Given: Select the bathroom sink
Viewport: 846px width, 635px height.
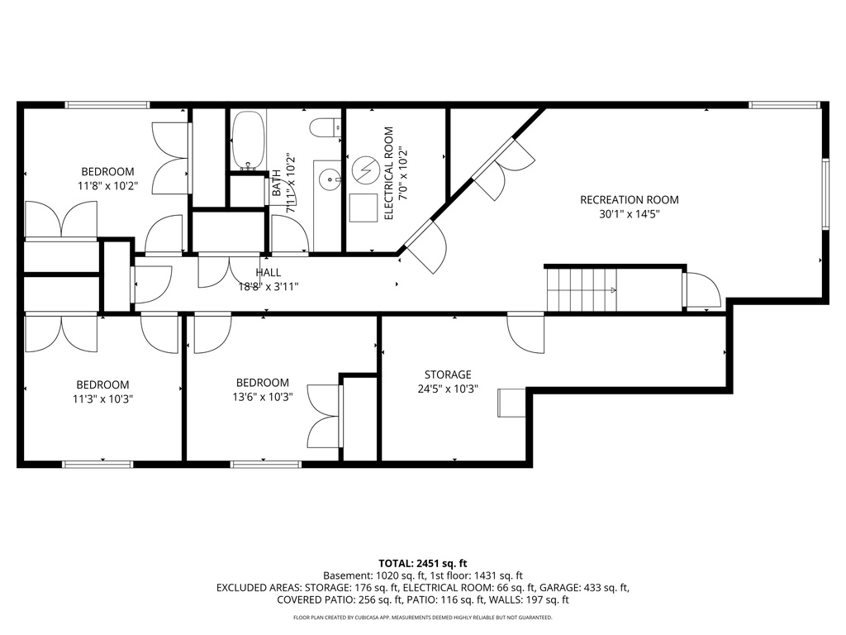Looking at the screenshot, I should pos(330,176).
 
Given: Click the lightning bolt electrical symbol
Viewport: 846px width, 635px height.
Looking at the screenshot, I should pos(364,171).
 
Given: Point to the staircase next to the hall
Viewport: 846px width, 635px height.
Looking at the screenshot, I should pos(582,290).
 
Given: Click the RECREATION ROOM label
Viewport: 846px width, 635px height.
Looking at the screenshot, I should pos(629,199).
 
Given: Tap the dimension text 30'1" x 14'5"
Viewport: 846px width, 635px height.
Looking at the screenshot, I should pos(629,213).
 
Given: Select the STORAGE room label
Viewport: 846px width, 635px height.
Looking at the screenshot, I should pos(448,375).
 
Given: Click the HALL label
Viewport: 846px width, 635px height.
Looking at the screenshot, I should pos(268,272).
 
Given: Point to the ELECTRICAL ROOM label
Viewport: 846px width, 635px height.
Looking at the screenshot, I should pos(388,173).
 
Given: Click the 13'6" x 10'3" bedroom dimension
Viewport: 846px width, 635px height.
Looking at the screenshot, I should pos(263,397).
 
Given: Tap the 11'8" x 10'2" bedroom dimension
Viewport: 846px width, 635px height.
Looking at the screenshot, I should pos(107,186).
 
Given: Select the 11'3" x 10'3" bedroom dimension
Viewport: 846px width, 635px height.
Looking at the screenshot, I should pos(103,399).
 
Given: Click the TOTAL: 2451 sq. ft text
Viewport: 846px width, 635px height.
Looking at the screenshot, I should pos(422,562).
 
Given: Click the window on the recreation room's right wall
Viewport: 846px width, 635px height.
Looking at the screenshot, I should pos(824,193).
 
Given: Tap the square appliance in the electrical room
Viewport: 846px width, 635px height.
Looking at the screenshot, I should pos(361,208).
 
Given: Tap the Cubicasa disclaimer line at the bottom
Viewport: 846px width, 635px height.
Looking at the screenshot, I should pos(422,618).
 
